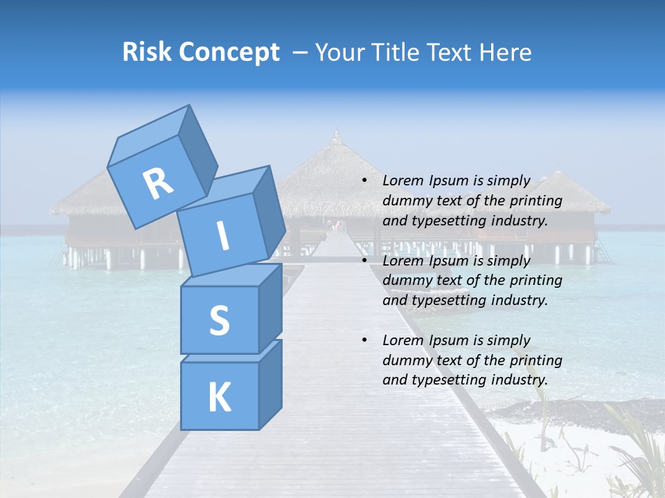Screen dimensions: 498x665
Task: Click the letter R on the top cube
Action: pos(158,183)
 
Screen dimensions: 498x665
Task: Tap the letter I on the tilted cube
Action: pos(222,237)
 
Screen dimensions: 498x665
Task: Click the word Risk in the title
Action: pos(148,52)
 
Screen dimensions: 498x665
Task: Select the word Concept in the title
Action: pos(230,53)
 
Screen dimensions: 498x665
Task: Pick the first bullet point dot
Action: pos(364,181)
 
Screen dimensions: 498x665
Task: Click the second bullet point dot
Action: pos(364,261)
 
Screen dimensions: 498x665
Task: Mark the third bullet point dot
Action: pos(364,341)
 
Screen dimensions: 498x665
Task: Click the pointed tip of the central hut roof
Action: pos(336,132)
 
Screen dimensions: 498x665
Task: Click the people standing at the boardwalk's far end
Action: pos(337,225)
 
